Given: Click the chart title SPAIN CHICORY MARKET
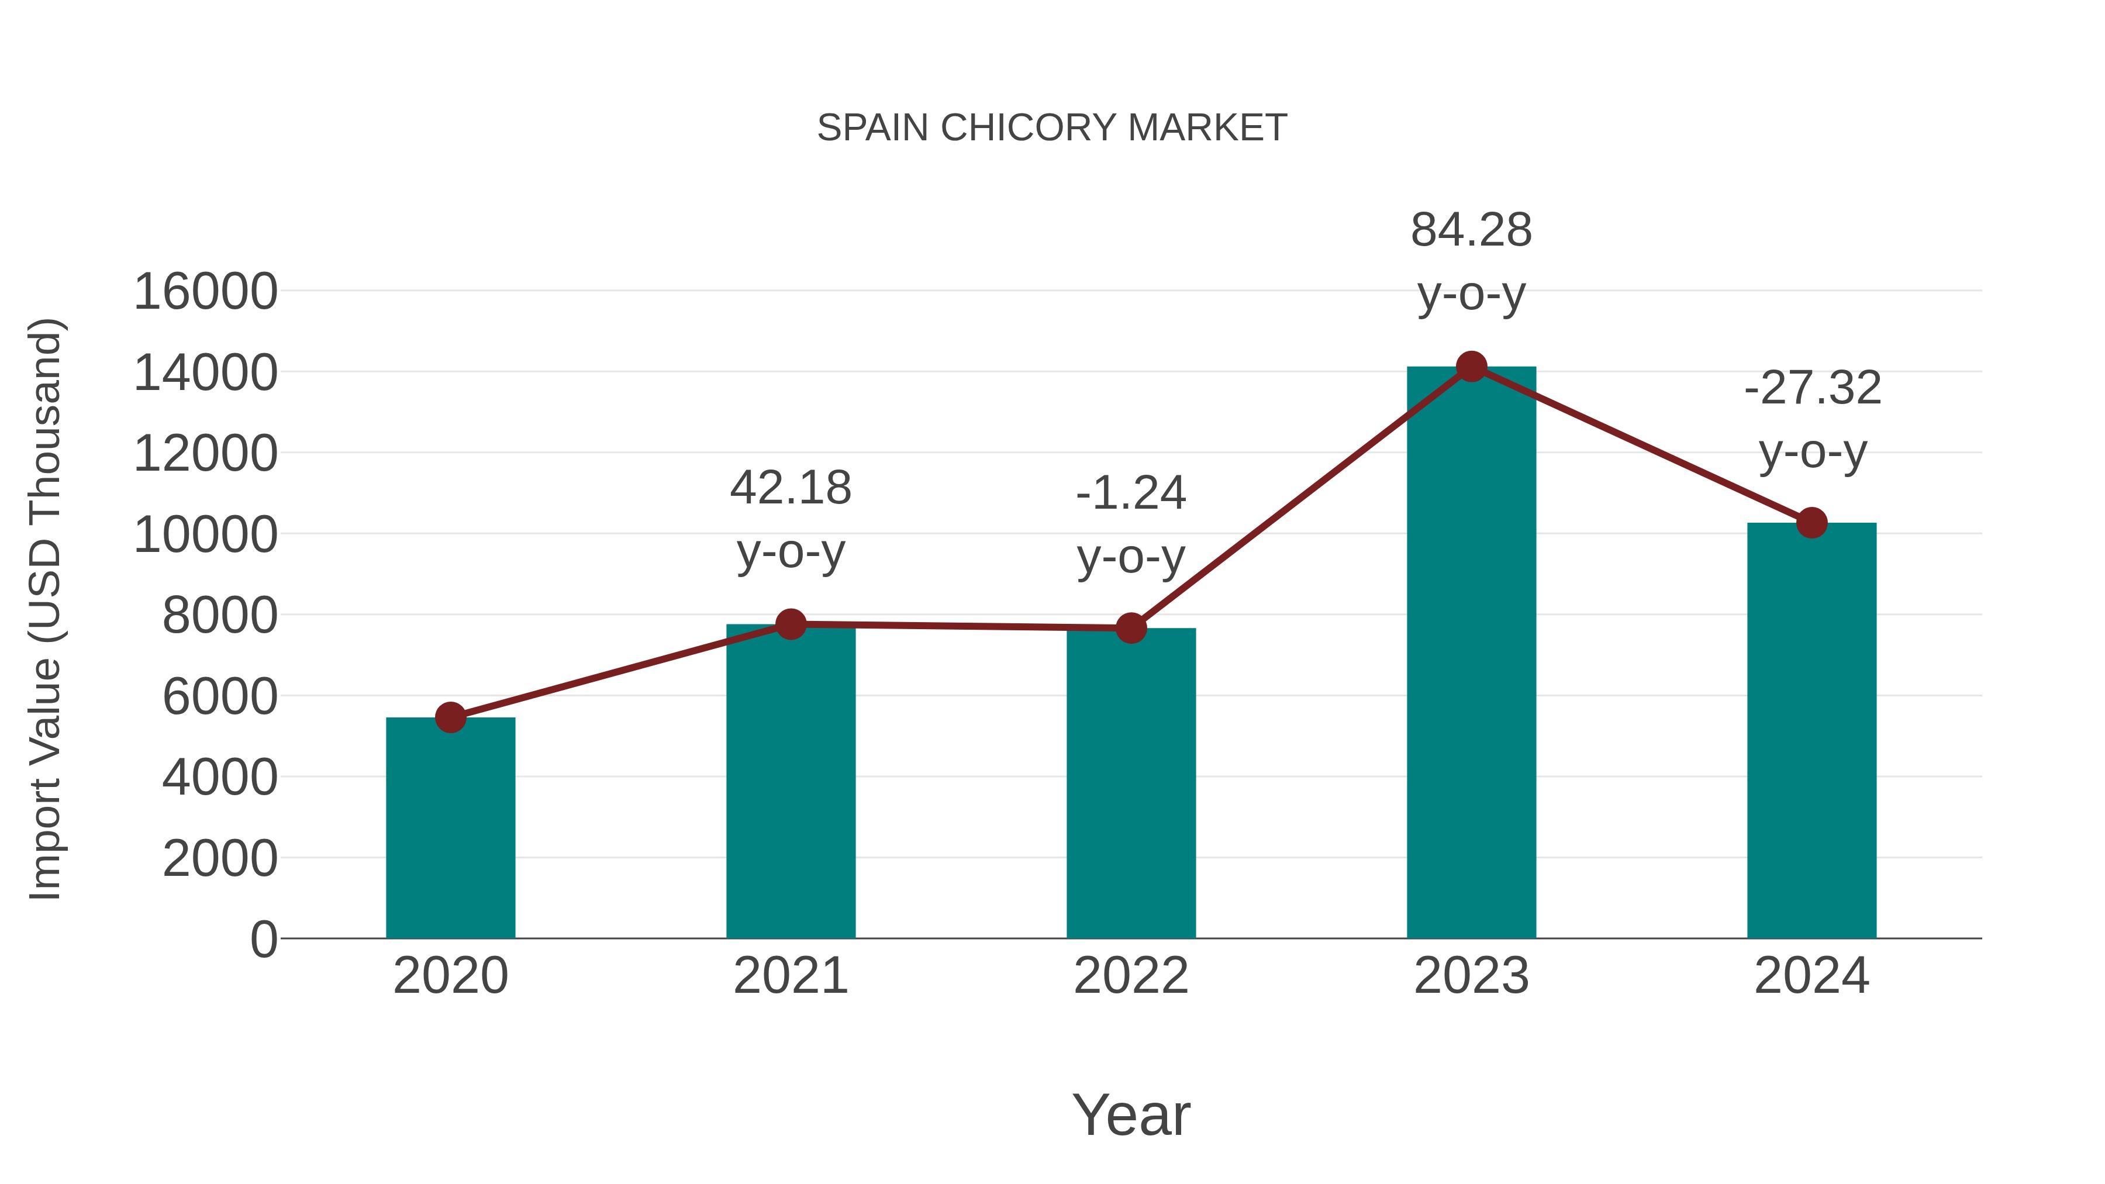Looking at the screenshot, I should (x=1052, y=128).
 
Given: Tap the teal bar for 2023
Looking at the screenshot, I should (x=1471, y=654).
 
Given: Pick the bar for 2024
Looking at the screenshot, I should (x=1811, y=731).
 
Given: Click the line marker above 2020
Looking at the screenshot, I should (x=450, y=718).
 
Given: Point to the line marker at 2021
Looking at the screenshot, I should (x=790, y=624).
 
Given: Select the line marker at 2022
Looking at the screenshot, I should (x=1131, y=629).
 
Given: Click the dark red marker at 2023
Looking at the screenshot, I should (x=1471, y=367).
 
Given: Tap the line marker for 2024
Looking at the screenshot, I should (x=1811, y=523).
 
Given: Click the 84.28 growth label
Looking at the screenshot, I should (x=1471, y=230).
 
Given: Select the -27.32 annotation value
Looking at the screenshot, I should (x=1811, y=388).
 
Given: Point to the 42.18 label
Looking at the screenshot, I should (x=790, y=489).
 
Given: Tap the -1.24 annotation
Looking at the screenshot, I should (x=1131, y=493).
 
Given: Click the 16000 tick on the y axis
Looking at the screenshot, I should (x=205, y=292).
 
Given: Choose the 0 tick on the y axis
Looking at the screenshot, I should (x=263, y=939).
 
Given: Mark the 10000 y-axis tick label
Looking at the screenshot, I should (x=205, y=535).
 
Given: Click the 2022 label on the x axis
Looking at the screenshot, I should (x=1131, y=976).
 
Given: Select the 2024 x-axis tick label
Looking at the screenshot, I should (x=1811, y=976).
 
